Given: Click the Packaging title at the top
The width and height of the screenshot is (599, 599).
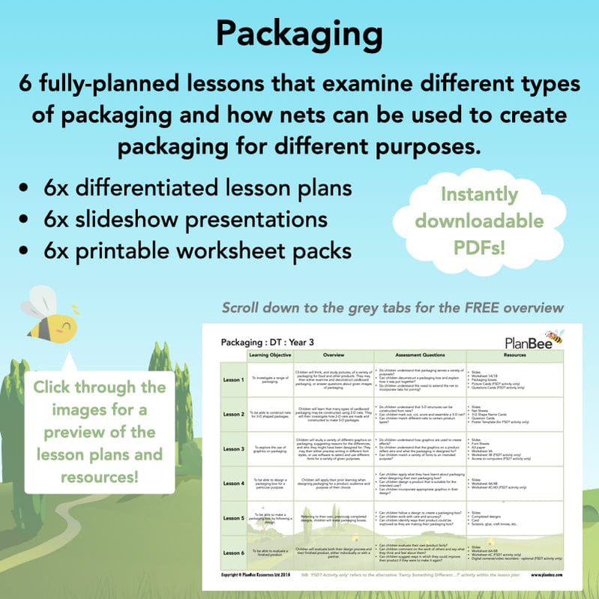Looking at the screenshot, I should point(299,33).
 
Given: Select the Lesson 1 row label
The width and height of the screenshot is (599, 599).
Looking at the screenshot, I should point(233,379).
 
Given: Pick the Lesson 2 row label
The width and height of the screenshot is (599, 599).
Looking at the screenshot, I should point(233,414).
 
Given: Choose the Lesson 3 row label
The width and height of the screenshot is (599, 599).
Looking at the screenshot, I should point(233,449).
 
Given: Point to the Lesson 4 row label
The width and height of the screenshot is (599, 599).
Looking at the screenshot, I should point(233,484).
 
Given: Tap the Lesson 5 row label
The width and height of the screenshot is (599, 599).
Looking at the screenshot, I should point(233,518).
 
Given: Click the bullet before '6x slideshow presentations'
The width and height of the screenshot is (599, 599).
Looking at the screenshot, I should point(27,220).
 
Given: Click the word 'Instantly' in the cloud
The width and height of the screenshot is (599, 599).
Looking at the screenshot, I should point(479,194).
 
